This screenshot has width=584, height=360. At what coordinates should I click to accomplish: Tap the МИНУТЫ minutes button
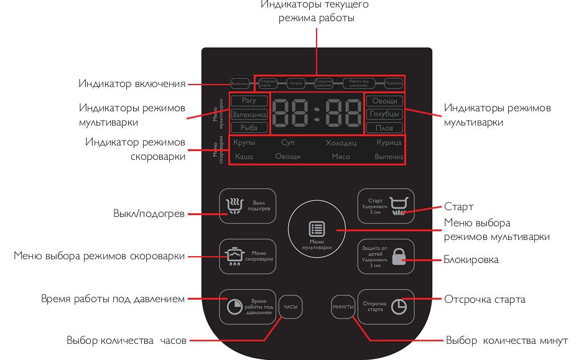click(343, 307)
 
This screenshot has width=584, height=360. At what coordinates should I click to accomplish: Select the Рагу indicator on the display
click(249, 101)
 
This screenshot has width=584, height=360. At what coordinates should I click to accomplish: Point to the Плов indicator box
click(384, 128)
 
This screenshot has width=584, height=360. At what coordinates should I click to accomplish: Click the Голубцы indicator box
click(384, 114)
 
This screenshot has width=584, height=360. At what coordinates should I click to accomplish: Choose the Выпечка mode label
click(389, 157)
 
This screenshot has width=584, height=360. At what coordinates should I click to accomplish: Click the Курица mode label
click(389, 143)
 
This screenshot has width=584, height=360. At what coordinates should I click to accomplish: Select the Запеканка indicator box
click(249, 114)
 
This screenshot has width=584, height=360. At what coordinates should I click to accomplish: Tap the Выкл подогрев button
click(248, 205)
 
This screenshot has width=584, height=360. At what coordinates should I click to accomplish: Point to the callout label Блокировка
click(471, 260)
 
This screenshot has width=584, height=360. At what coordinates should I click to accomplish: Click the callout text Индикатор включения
click(132, 83)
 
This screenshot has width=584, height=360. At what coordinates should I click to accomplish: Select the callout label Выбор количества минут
click(507, 341)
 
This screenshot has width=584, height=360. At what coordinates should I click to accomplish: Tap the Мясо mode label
click(340, 157)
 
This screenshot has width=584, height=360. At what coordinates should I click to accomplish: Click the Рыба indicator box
click(249, 128)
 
